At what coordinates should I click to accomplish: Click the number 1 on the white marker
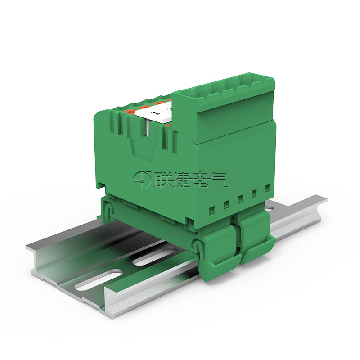point(154,113)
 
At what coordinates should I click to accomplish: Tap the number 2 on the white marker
point(168,109)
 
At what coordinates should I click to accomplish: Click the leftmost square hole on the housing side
point(212,209)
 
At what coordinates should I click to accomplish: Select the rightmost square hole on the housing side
point(267,188)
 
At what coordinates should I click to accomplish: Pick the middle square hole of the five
point(240,198)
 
